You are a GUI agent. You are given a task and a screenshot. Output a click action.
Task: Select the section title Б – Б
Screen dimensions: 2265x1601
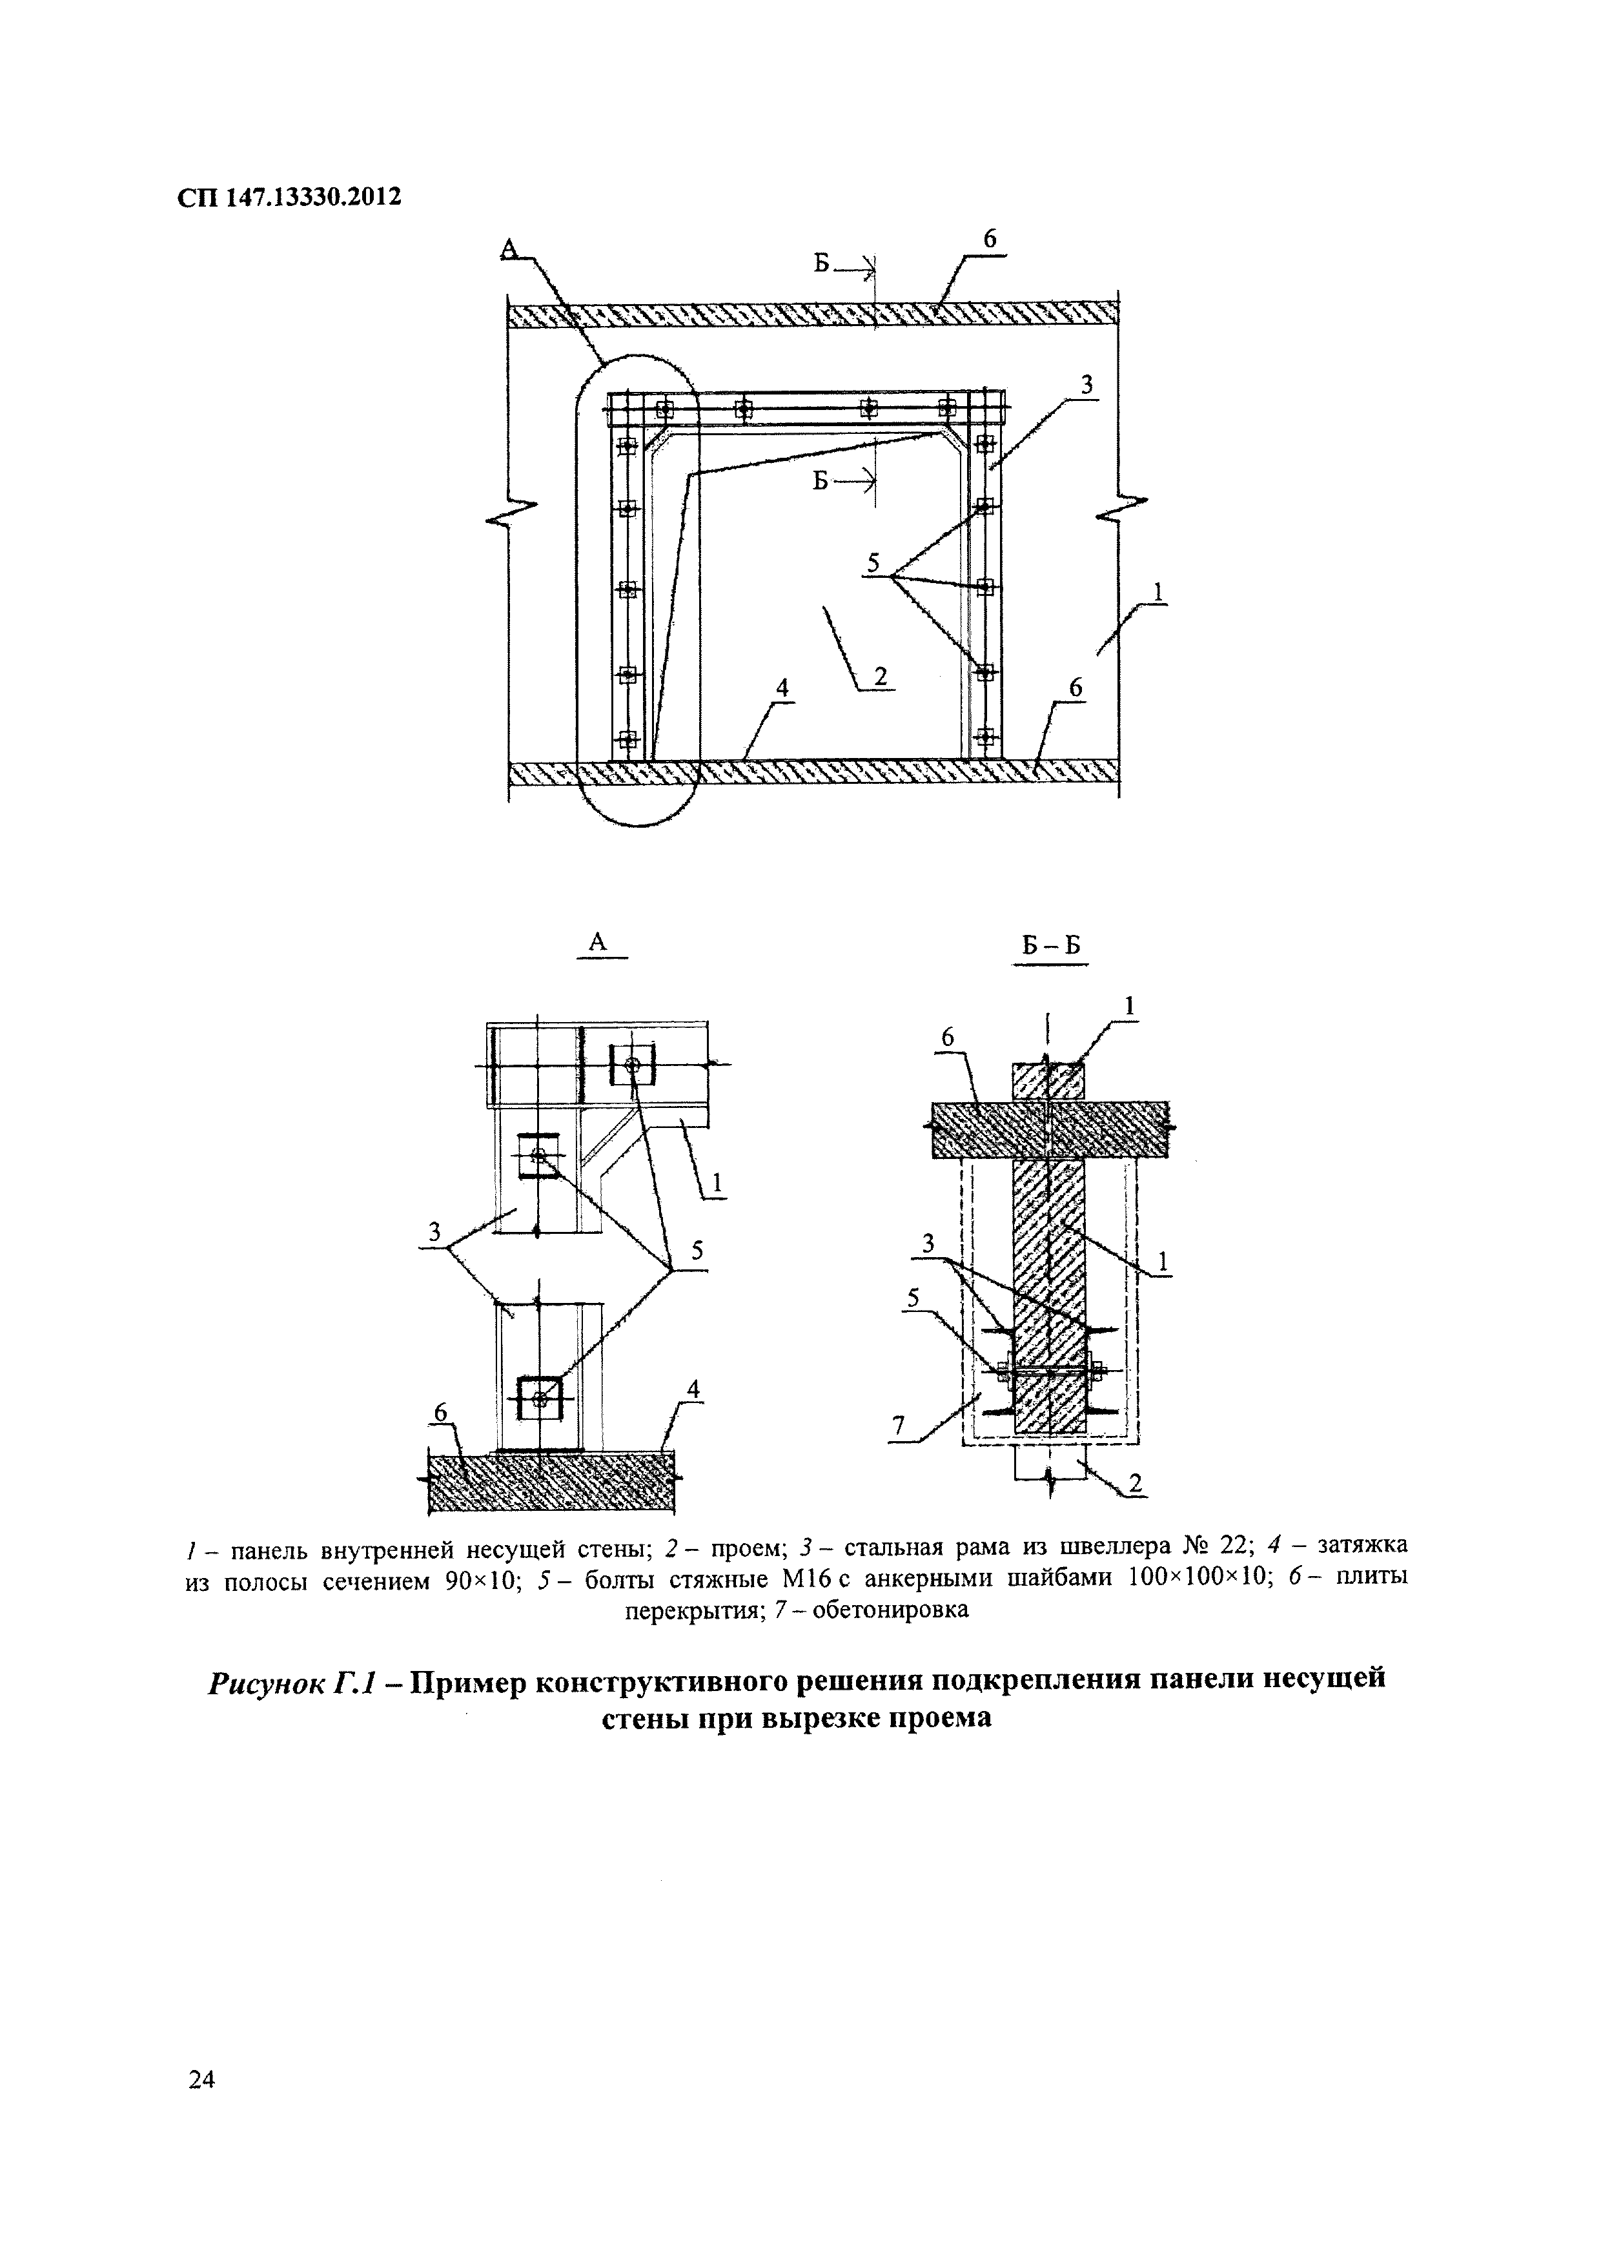1050,946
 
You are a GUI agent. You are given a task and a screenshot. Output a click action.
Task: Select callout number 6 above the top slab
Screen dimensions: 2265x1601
990,239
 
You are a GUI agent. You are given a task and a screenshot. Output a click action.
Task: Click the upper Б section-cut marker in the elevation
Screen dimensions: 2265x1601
822,263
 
